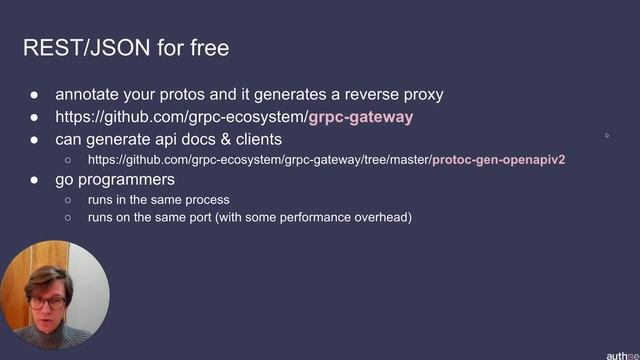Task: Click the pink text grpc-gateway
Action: pyautogui.click(x=361, y=117)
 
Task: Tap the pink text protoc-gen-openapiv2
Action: pyautogui.click(x=499, y=160)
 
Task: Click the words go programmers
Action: pyautogui.click(x=115, y=180)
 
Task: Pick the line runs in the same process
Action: pyautogui.click(x=158, y=199)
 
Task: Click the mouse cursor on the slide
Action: pyautogui.click(x=606, y=135)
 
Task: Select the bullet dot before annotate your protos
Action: pyautogui.click(x=34, y=95)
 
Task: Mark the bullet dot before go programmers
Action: pyautogui.click(x=34, y=180)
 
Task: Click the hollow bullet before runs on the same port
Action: pyautogui.click(x=68, y=217)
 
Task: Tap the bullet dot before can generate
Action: pyautogui.click(x=34, y=139)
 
